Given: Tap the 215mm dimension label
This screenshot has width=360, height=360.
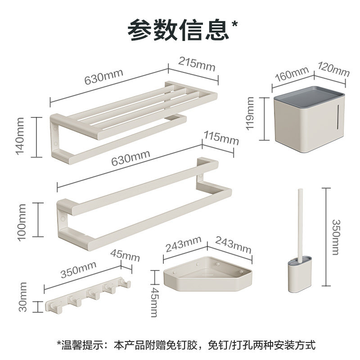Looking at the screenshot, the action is (x=195, y=63).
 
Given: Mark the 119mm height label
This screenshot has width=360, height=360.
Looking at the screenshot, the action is (x=251, y=115).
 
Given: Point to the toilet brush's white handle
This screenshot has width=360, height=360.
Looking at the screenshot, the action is (x=298, y=225).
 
